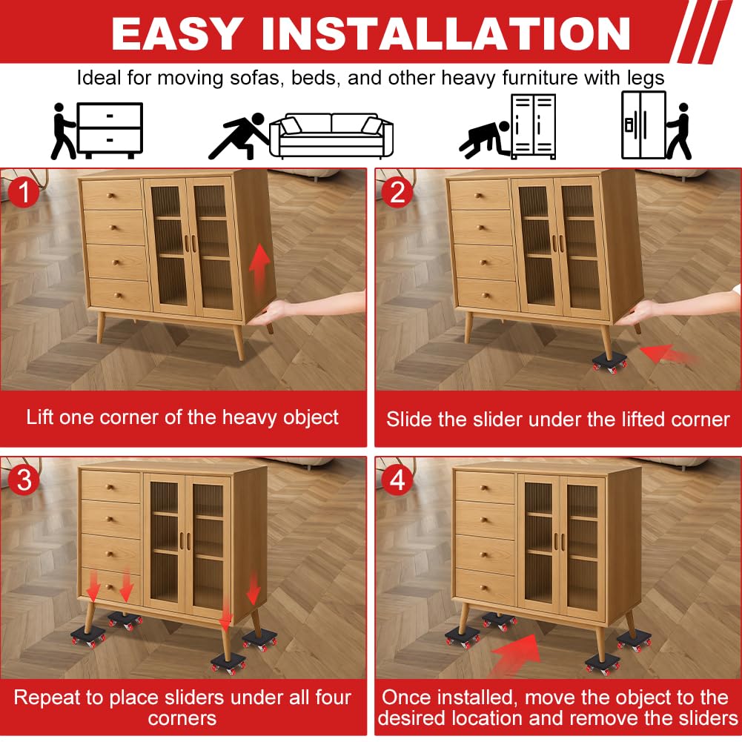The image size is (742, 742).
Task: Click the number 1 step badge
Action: tap(23, 192)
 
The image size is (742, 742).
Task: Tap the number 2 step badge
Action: tap(397, 192)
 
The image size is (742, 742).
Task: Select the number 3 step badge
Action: tap(23, 480)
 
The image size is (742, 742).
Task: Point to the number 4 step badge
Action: tap(397, 480)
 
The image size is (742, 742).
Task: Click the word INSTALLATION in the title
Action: tap(445, 33)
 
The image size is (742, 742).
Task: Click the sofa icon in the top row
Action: tap(331, 136)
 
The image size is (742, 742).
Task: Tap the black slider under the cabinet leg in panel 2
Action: tap(610, 363)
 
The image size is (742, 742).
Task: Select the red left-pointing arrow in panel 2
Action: tap(665, 353)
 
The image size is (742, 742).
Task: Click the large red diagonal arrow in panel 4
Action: tap(516, 655)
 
